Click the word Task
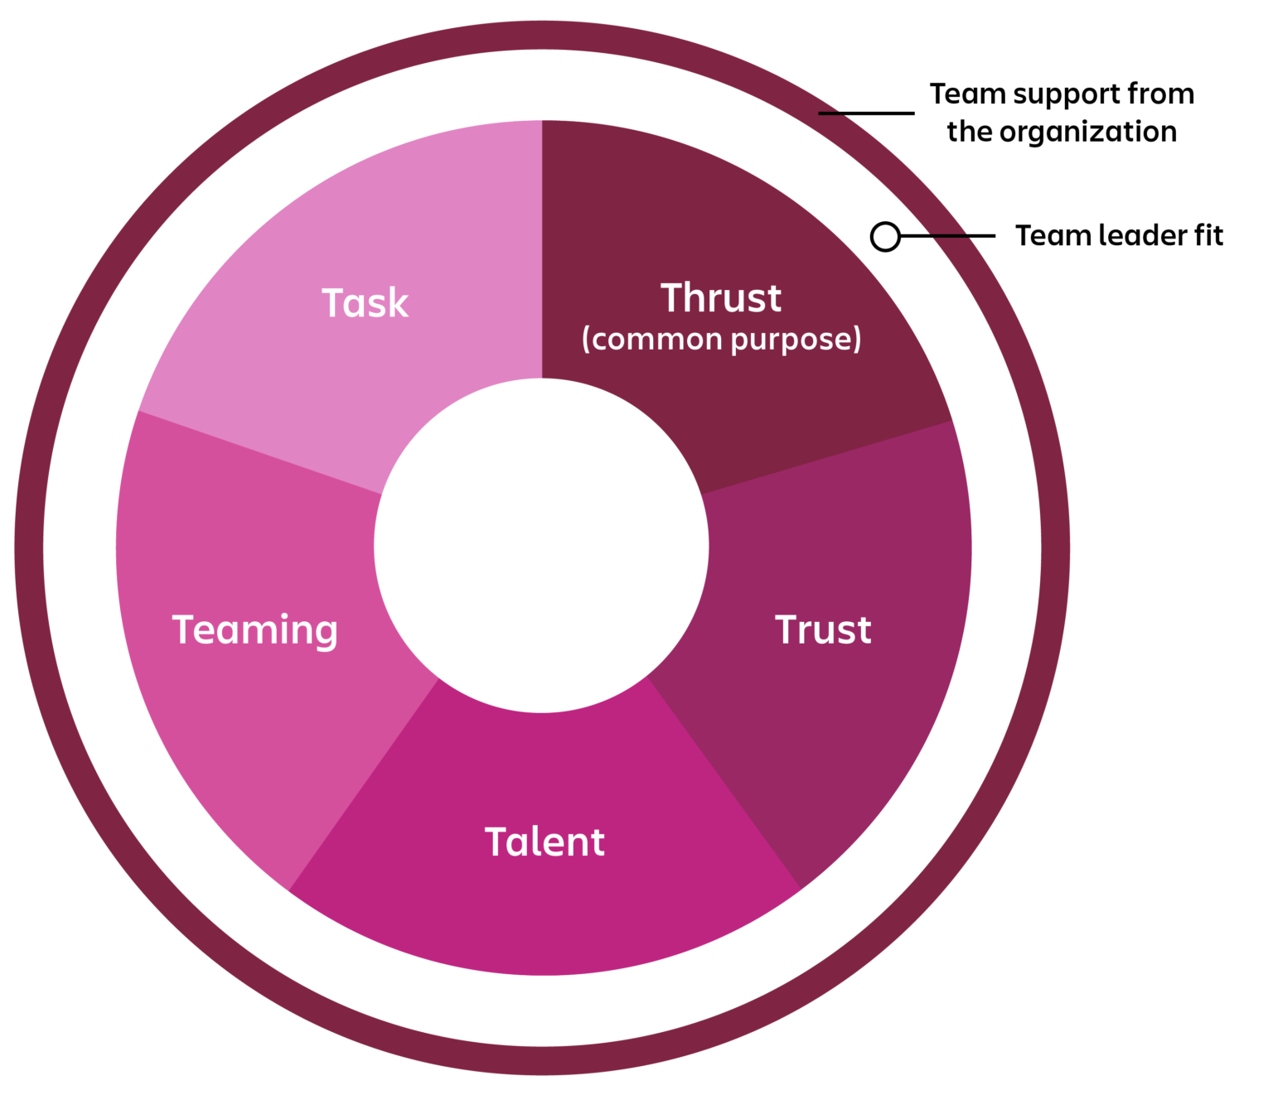(x=365, y=303)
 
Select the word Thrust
(x=720, y=298)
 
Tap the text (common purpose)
(x=721, y=340)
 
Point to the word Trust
(x=823, y=630)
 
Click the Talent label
(x=545, y=842)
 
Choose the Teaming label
(x=255, y=631)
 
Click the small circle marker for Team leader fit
(x=885, y=237)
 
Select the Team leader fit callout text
(x=1119, y=236)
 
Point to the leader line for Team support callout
(x=866, y=113)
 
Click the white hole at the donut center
(x=541, y=546)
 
